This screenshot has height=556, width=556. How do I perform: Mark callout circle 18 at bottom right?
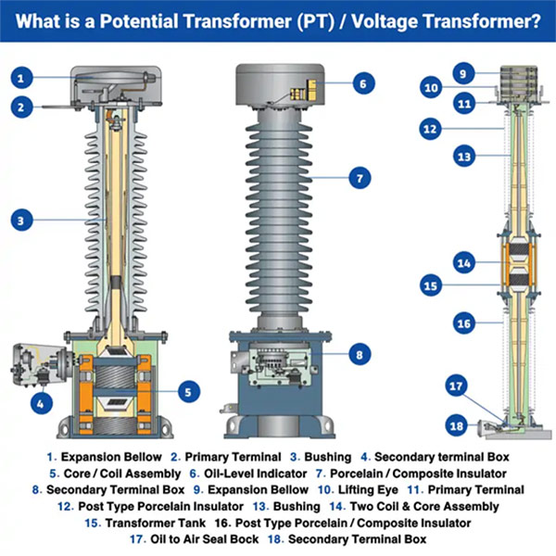click(455, 425)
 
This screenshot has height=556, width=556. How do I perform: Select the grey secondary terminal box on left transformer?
click(35, 367)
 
